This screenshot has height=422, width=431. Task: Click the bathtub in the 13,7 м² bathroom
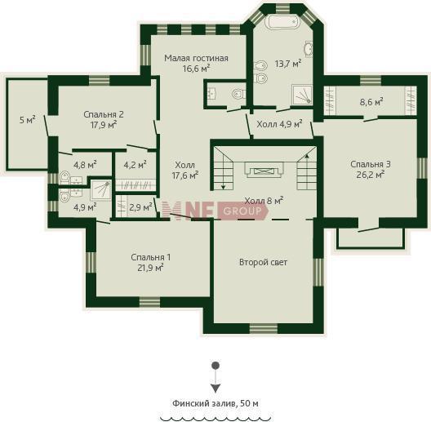(282, 21)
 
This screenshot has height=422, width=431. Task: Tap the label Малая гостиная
(196, 58)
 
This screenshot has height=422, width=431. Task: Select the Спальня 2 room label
(104, 114)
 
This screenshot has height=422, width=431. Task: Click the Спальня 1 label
(151, 257)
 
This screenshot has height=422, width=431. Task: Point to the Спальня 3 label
(371, 164)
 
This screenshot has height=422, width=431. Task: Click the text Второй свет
(264, 262)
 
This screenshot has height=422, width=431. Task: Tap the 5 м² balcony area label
(28, 120)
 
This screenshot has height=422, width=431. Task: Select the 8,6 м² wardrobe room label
(371, 102)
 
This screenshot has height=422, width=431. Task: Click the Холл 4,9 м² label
(279, 124)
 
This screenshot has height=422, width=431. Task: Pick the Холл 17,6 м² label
(185, 170)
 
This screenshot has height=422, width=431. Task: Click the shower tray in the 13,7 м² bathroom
(302, 95)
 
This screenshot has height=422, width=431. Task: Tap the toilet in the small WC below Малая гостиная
(238, 94)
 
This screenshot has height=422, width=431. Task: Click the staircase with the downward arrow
(222, 168)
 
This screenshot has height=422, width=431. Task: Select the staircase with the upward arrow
(306, 168)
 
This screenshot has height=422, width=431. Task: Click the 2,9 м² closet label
(140, 207)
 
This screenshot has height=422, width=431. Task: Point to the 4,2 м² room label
(135, 165)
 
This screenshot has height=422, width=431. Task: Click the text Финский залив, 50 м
(215, 403)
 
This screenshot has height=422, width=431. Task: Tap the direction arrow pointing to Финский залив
(215, 377)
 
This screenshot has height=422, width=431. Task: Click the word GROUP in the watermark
(242, 211)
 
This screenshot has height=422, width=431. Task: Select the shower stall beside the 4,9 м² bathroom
(101, 190)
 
